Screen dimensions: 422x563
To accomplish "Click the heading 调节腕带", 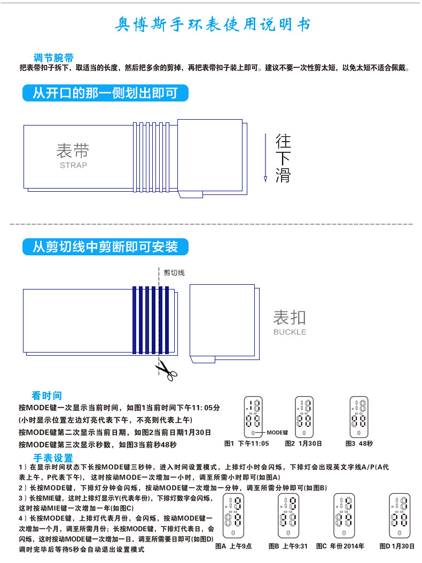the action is (53, 58).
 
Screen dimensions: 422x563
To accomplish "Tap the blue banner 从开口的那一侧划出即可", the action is (105, 93).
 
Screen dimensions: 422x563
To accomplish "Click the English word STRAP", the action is (73, 165).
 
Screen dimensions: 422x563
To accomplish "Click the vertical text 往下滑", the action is (283, 158).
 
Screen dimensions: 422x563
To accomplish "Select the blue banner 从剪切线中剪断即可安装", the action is (105, 246).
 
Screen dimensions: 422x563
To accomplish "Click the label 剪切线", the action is (174, 272).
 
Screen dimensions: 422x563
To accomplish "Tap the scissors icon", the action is (166, 369).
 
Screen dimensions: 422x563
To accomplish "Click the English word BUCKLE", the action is (290, 332).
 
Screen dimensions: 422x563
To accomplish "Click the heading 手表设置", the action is (53, 458).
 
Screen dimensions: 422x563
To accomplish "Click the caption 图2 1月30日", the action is (303, 443).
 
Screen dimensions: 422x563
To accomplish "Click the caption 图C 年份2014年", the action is (340, 546).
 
